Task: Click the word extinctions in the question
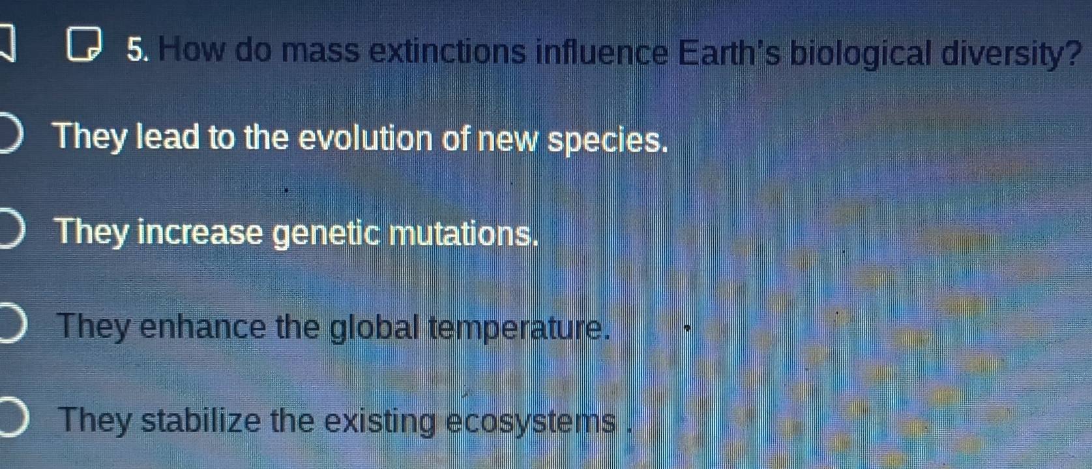pos(447,51)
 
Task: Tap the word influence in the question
pos(602,51)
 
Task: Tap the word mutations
pos(464,233)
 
